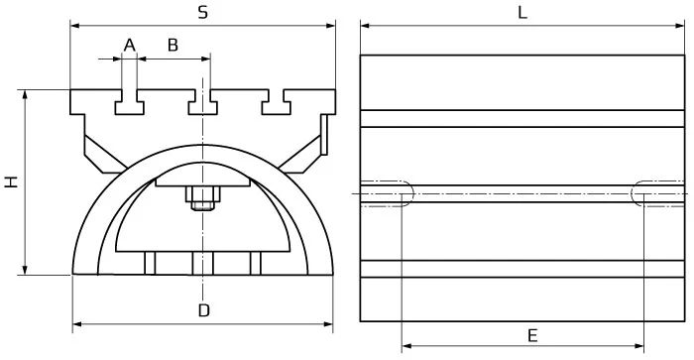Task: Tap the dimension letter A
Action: pos(128,44)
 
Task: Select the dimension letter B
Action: pos(173,44)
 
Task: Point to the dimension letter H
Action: pos(11,182)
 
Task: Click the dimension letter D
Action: pos(202,310)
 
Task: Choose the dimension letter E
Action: pos(531,335)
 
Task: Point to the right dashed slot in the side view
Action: pos(658,192)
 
